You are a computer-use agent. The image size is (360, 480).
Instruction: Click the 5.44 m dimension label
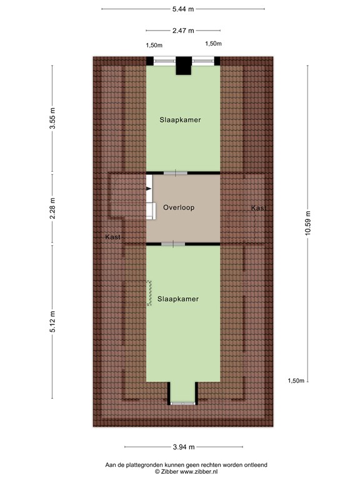pos(183,9)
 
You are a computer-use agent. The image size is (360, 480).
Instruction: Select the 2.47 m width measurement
pos(183,30)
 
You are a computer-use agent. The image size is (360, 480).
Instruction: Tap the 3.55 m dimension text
pos(52,118)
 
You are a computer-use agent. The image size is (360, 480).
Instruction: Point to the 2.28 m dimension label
pos(52,208)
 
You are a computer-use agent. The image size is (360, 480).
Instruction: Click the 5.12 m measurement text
pos(52,321)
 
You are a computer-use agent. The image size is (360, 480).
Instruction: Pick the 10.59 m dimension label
pos(307,223)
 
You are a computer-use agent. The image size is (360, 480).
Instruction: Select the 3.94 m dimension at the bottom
pos(184,447)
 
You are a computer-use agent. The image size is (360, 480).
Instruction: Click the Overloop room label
pos(179,207)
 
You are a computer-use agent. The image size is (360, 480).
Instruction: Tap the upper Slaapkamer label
pos(180,120)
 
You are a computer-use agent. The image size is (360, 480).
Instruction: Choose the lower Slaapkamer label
pos(178,299)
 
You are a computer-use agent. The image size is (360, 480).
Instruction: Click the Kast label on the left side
pos(113,237)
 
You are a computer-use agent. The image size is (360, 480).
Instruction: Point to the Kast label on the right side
pos(259,208)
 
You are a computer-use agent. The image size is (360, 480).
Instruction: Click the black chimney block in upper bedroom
pos(184,66)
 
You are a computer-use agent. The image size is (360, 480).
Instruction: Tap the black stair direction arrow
pos(149,189)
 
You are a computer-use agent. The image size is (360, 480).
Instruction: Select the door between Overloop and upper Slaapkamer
pos(176,173)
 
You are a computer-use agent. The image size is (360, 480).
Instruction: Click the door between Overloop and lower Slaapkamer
pos(173,244)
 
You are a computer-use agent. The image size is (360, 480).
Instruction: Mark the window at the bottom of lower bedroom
pos(182,404)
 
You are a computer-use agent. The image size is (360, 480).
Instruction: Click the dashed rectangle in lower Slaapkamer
pos(149,293)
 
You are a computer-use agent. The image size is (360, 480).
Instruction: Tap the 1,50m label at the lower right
pos(296,381)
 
